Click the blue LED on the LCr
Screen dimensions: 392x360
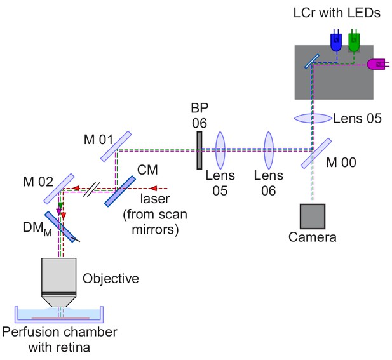point(336,41)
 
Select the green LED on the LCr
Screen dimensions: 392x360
point(354,41)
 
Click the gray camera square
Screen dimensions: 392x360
point(313,217)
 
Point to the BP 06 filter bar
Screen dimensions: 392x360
point(199,150)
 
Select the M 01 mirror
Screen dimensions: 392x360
point(116,147)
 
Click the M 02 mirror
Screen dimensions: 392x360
point(59,189)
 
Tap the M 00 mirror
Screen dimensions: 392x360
point(316,154)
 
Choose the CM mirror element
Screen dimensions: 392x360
point(120,191)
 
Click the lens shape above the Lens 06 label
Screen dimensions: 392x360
point(269,150)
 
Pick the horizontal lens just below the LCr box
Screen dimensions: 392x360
point(313,118)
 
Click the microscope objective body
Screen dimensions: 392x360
point(58,283)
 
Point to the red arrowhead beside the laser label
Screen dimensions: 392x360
point(154,189)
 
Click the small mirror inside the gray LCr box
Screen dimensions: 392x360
point(312,61)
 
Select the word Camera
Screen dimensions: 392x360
point(313,237)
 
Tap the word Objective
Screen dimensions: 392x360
point(111,279)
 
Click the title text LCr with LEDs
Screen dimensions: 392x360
point(337,13)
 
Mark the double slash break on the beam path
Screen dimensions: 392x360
point(91,190)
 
